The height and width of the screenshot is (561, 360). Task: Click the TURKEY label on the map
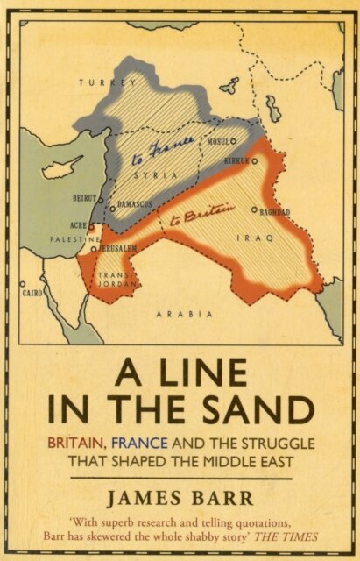(108, 82)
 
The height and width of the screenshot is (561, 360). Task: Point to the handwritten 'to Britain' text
(208, 209)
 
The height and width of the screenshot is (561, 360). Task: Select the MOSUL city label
(218, 140)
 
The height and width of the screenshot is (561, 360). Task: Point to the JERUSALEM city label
(117, 249)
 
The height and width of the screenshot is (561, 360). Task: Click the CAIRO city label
(34, 292)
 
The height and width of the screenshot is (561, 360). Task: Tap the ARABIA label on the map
(180, 313)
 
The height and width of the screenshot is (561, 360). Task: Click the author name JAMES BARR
(180, 500)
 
